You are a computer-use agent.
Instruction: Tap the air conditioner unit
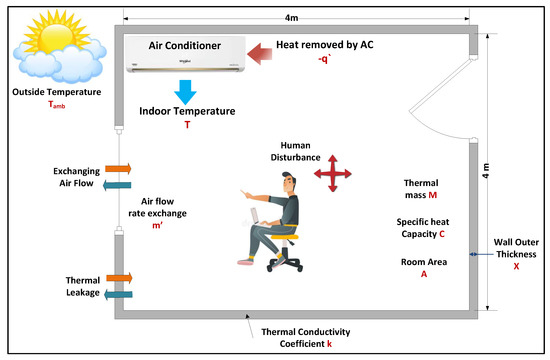(x=184, y=54)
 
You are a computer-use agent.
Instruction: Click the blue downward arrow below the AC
(x=185, y=91)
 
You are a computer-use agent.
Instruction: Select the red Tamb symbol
(x=58, y=106)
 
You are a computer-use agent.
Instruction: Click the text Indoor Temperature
(x=187, y=112)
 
